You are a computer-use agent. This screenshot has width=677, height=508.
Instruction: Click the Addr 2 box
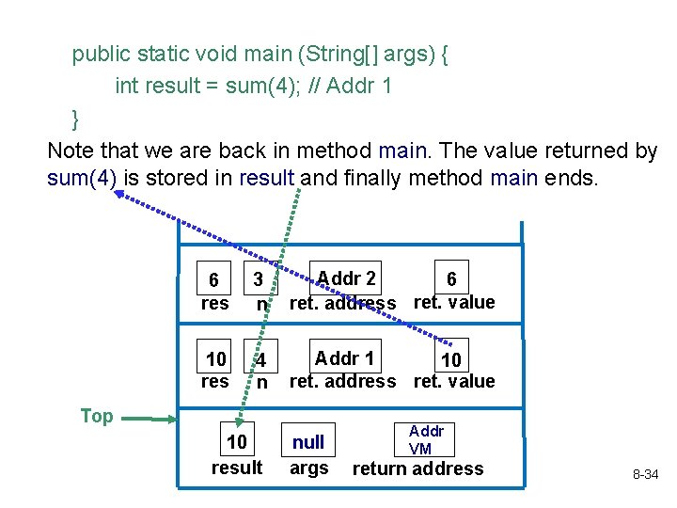[x=346, y=278]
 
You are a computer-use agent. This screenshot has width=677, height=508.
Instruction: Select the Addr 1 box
[x=345, y=357]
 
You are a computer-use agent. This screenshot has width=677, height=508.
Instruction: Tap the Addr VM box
[x=420, y=439]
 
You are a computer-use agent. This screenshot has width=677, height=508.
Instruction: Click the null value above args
[x=308, y=442]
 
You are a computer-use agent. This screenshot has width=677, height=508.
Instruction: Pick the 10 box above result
[x=237, y=442]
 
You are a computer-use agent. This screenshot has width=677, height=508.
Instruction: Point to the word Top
[x=97, y=417]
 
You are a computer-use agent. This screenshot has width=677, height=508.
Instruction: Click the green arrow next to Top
[x=149, y=418]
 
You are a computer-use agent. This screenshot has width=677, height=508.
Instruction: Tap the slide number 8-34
[x=644, y=475]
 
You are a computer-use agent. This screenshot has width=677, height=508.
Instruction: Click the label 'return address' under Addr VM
[x=417, y=468]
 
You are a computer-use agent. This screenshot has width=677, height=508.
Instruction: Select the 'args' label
[x=308, y=468]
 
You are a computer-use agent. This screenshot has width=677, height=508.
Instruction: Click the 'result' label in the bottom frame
[x=237, y=468]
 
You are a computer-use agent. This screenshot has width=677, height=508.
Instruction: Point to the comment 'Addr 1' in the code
[x=362, y=87]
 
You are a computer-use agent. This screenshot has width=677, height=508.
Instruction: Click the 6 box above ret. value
[x=451, y=278]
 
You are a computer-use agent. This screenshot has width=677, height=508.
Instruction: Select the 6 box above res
[x=214, y=280]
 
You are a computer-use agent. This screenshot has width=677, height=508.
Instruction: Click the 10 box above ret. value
[x=451, y=360]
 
